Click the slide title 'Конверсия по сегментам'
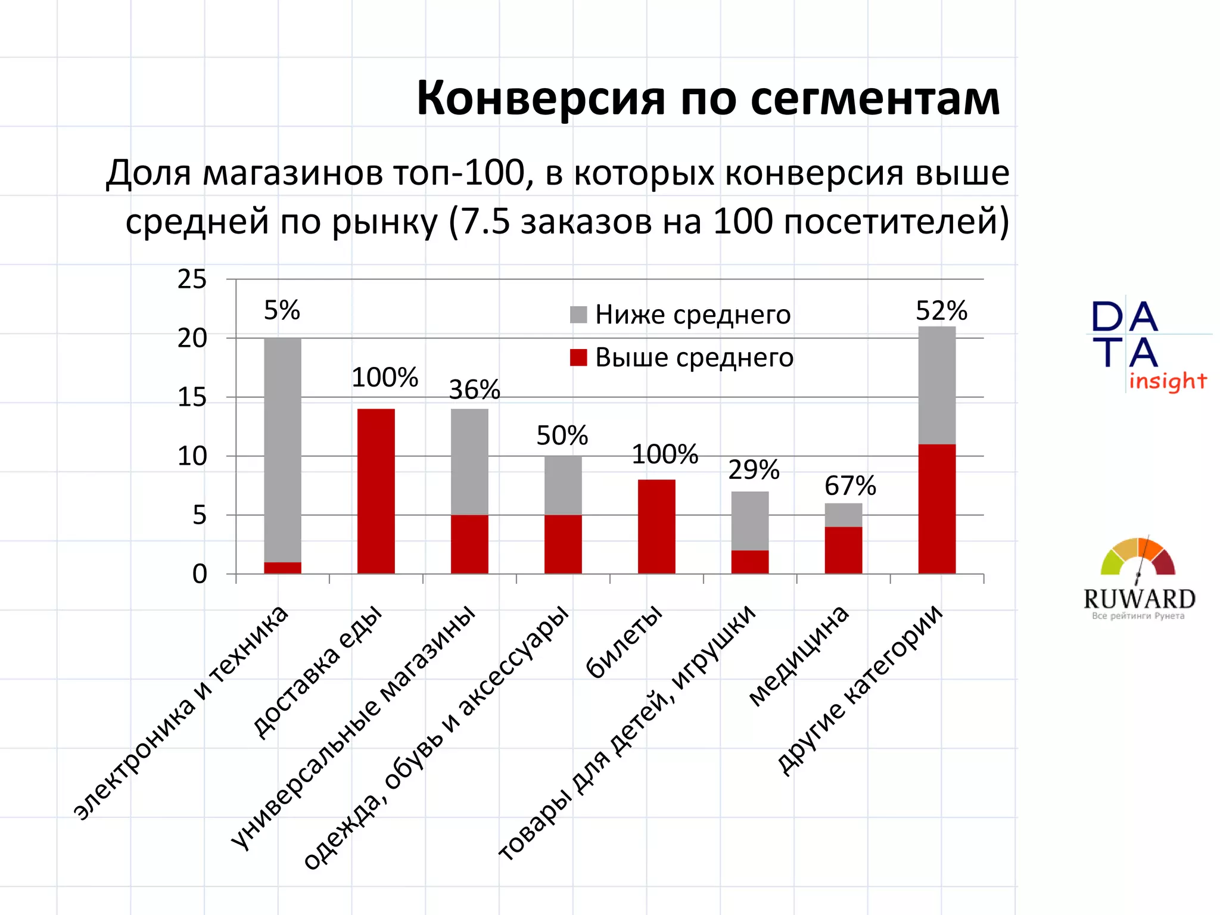tap(708, 98)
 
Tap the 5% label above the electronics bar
tap(282, 310)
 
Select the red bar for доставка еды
tap(376, 491)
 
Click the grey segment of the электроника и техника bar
tap(282, 450)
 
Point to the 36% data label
tap(474, 390)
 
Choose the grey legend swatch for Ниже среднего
tap(578, 315)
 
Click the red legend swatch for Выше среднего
tap(578, 357)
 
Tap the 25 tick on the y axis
tap(192, 279)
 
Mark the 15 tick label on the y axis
tap(192, 397)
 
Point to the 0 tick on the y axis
tap(200, 574)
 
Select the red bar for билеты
tap(656, 527)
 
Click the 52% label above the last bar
tap(941, 311)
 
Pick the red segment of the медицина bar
tap(843, 550)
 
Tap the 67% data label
tap(850, 486)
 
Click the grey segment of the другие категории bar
tap(936, 385)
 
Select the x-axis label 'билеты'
tap(624, 642)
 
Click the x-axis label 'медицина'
tap(798, 656)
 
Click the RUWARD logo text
tap(1139, 599)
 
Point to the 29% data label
tap(754, 470)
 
